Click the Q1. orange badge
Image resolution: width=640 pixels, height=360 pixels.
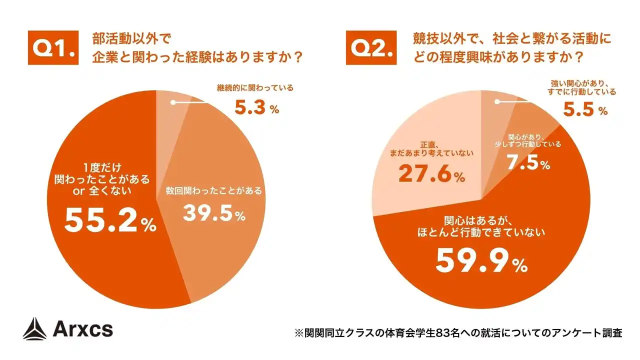pyautogui.click(x=53, y=48)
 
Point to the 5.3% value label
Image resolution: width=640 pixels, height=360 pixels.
pyautogui.click(x=256, y=107)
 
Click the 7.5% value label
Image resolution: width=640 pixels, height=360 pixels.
pyautogui.click(x=528, y=162)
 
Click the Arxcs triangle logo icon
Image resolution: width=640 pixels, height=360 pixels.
pyautogui.click(x=34, y=329)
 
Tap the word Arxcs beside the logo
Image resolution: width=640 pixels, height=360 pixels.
pyautogui.click(x=82, y=329)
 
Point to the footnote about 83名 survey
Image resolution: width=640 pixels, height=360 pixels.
pyautogui.click(x=458, y=332)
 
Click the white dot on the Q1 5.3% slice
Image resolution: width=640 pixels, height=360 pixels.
pyautogui.click(x=173, y=102)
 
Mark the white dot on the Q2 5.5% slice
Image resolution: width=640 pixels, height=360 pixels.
pyautogui.click(x=497, y=102)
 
